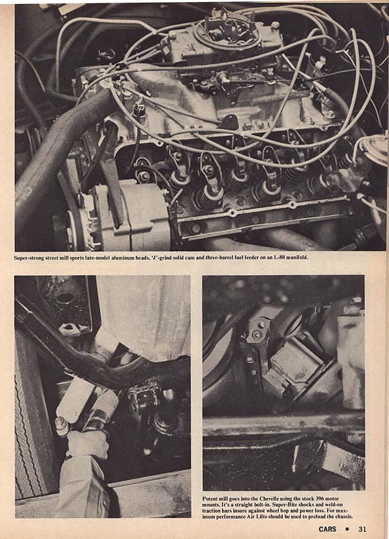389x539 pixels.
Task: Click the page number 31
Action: coord(362,529)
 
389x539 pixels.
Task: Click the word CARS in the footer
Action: coord(327,529)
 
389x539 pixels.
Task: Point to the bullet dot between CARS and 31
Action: coord(347,529)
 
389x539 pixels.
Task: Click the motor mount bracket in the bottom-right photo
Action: coord(292,368)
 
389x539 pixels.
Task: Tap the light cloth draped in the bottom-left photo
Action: coord(144,316)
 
